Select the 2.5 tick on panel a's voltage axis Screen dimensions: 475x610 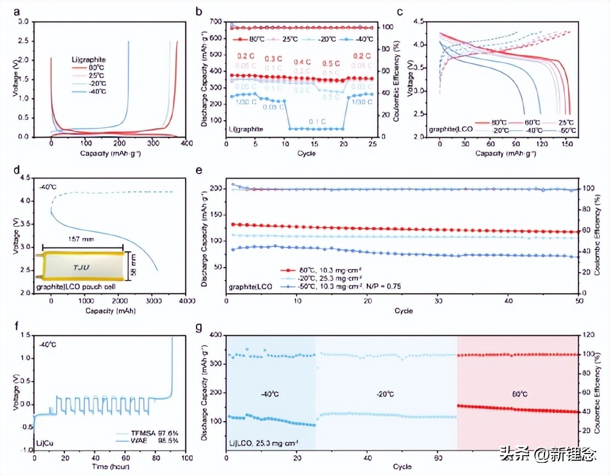click(x=24, y=41)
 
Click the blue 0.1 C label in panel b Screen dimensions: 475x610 click(x=302, y=121)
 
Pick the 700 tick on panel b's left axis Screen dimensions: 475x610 click(x=216, y=21)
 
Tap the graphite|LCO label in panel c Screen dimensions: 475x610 click(x=445, y=130)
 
